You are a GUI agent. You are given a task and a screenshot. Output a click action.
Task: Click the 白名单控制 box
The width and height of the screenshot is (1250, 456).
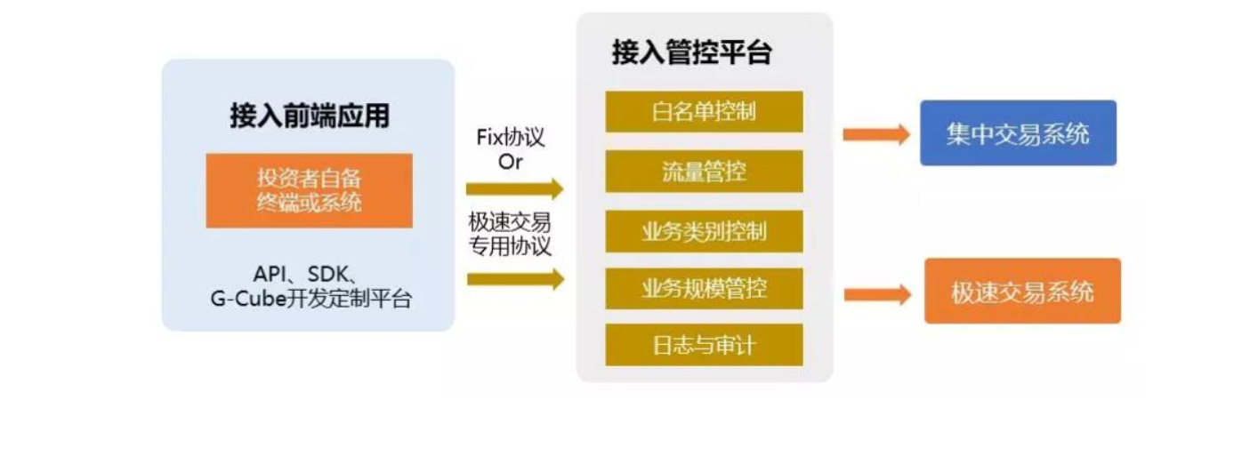tap(704, 111)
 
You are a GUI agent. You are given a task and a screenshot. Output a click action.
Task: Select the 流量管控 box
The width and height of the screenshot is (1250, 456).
tap(704, 171)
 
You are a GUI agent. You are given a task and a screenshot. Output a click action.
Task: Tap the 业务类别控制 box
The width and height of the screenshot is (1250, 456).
tap(704, 231)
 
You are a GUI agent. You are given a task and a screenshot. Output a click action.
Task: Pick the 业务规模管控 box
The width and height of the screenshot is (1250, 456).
tap(704, 288)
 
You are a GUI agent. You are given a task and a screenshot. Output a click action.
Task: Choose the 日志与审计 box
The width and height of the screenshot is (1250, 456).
tap(704, 344)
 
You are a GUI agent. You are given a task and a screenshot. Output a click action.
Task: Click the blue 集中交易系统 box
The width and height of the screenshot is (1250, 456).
tap(1018, 133)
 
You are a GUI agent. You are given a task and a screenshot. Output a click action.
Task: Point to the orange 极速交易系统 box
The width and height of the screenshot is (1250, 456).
tap(1022, 291)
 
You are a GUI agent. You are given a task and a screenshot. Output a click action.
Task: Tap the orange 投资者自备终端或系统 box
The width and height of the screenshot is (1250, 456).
tap(309, 190)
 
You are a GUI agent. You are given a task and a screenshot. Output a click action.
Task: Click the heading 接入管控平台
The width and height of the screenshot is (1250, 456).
tap(691, 52)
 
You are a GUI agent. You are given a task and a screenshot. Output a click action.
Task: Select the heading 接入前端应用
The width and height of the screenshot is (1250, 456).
tap(309, 116)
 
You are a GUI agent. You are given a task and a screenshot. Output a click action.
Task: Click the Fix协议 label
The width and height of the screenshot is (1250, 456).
tap(511, 139)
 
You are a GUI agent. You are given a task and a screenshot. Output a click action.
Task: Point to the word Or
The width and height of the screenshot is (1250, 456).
tap(511, 162)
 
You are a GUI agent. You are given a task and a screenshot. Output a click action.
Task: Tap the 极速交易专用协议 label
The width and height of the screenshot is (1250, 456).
tap(511, 234)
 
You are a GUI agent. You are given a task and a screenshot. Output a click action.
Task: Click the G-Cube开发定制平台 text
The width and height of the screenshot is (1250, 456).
tap(310, 300)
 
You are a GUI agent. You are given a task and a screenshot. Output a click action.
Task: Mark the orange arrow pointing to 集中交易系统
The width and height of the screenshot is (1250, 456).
tap(875, 134)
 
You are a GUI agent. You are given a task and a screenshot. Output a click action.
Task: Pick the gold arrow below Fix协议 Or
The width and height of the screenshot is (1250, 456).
tap(514, 188)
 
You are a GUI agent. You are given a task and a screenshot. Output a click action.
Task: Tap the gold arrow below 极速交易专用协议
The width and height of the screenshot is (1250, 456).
tap(514, 279)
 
